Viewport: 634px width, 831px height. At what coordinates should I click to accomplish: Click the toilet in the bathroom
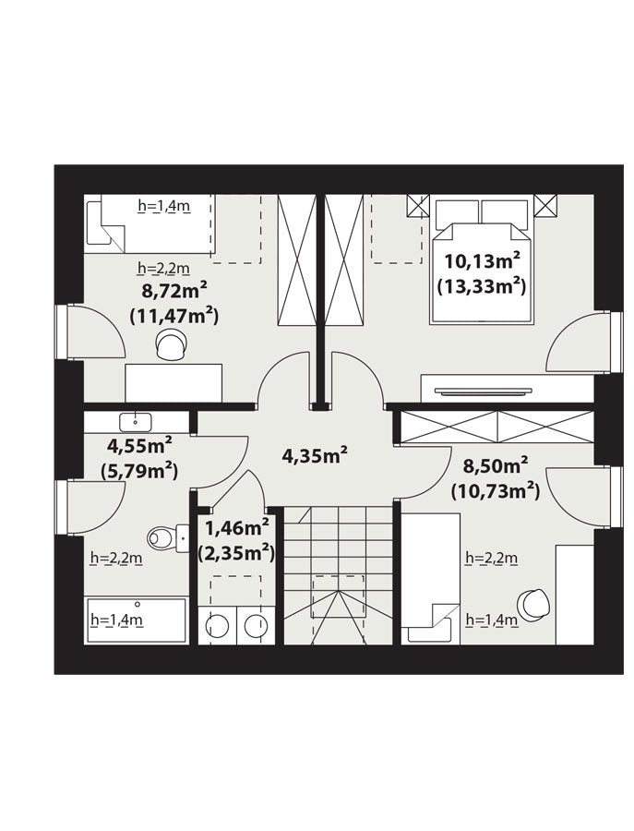pyautogui.click(x=167, y=538)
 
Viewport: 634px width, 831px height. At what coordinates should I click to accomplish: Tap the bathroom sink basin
pyautogui.click(x=136, y=422)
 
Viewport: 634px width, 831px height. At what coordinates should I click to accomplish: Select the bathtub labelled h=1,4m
pyautogui.click(x=138, y=620)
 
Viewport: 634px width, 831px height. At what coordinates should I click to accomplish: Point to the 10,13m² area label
pyautogui.click(x=482, y=260)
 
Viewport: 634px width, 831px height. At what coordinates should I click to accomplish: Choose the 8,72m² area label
pyautogui.click(x=173, y=291)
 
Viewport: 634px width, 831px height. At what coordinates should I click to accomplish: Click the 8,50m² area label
pyautogui.click(x=496, y=466)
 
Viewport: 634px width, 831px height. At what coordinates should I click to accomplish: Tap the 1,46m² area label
pyautogui.click(x=237, y=528)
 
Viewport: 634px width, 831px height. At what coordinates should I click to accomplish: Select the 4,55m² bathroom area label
pyautogui.click(x=139, y=445)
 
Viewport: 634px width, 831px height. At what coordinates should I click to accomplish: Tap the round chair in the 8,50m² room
pyautogui.click(x=533, y=604)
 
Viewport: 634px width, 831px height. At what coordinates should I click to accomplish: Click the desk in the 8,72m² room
pyautogui.click(x=173, y=382)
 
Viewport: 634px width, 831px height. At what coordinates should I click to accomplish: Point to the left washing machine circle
pyautogui.click(x=217, y=625)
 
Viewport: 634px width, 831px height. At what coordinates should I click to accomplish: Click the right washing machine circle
pyautogui.click(x=256, y=625)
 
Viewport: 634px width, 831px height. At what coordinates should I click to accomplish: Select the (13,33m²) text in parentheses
pyautogui.click(x=482, y=287)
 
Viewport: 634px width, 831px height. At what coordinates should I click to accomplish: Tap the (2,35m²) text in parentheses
pyautogui.click(x=236, y=554)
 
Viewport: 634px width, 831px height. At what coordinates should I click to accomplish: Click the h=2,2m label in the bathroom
pyautogui.click(x=116, y=558)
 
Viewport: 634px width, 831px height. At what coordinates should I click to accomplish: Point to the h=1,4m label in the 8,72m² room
pyautogui.click(x=163, y=206)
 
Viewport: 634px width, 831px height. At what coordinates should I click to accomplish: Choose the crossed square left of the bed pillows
pyautogui.click(x=418, y=206)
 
